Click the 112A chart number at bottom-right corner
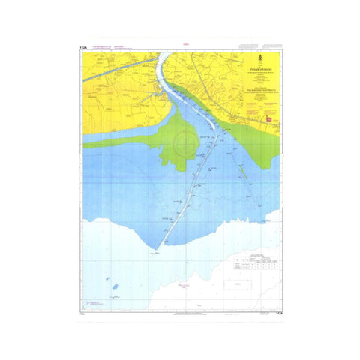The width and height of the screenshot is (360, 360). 278,313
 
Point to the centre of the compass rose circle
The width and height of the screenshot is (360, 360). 184,140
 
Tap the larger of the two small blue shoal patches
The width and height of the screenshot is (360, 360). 113,286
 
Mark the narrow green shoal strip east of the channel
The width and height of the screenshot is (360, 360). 243,170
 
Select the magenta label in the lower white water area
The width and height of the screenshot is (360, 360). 180,285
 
